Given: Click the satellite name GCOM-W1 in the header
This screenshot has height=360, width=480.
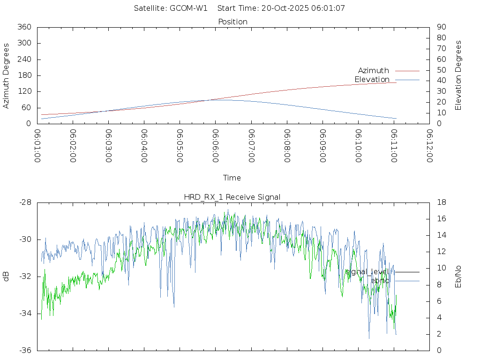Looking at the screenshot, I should click(x=188, y=8).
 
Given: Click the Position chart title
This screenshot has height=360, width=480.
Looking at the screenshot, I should click(x=233, y=22).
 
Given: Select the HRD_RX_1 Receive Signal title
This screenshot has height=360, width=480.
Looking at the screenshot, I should click(x=232, y=197).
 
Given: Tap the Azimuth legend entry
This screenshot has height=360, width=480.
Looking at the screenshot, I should click(x=374, y=70).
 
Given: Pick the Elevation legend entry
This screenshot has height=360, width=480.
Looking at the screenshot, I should click(x=372, y=79).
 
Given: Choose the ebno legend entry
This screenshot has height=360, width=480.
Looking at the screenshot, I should click(x=380, y=280).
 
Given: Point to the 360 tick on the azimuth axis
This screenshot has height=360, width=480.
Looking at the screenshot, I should click(x=24, y=27).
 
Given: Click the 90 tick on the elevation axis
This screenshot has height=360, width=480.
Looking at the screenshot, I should click(x=441, y=27).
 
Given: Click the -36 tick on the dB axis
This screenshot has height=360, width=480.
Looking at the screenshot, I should click(x=25, y=350).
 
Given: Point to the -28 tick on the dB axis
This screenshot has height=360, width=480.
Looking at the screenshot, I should click(x=25, y=202).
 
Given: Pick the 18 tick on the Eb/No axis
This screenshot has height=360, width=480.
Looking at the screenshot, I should click(x=441, y=202).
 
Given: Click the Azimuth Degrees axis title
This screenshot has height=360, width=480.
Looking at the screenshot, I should click(x=7, y=75).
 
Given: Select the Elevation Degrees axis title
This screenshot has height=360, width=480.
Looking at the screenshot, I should click(x=458, y=75).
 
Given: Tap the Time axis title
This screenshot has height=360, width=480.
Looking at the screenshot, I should click(x=232, y=178).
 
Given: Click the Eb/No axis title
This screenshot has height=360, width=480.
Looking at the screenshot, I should click(x=458, y=277).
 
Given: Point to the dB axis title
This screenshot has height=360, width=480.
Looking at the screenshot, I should click(x=7, y=276).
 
